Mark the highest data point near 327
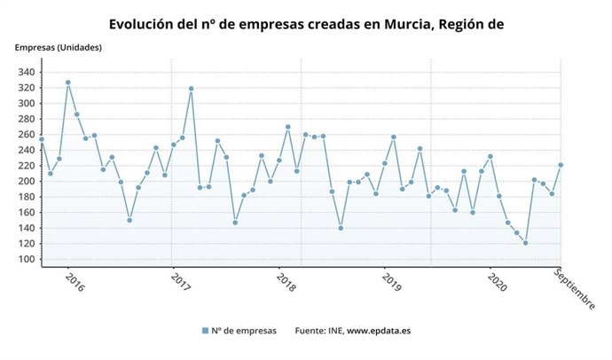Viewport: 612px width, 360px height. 67,82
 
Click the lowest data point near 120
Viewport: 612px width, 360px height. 525,243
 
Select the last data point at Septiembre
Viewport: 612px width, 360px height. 561,165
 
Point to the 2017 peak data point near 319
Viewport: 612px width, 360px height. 191,89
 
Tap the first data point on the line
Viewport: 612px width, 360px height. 41,139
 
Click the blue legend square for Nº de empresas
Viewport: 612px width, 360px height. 205,331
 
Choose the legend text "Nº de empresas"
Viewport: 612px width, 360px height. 245,331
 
